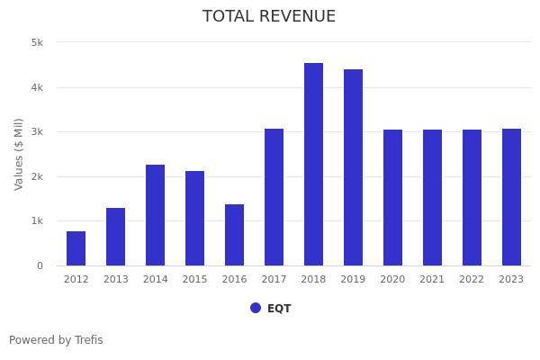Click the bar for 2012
(x=76, y=248)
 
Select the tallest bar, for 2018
(x=313, y=165)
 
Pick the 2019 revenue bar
(x=353, y=167)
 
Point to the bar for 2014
(x=155, y=215)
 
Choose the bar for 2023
(x=511, y=197)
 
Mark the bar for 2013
(x=115, y=237)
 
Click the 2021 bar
(x=432, y=198)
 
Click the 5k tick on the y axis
(x=37, y=42)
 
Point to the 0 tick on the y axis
(x=40, y=265)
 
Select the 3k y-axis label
(x=37, y=132)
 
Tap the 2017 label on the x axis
(x=274, y=280)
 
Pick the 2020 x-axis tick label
(x=392, y=280)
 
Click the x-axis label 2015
(x=194, y=280)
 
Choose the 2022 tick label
(x=472, y=280)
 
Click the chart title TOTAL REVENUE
(x=269, y=17)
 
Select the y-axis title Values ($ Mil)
(x=19, y=154)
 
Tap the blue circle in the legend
(x=256, y=308)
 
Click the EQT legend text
(x=279, y=309)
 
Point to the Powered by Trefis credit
(x=56, y=340)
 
